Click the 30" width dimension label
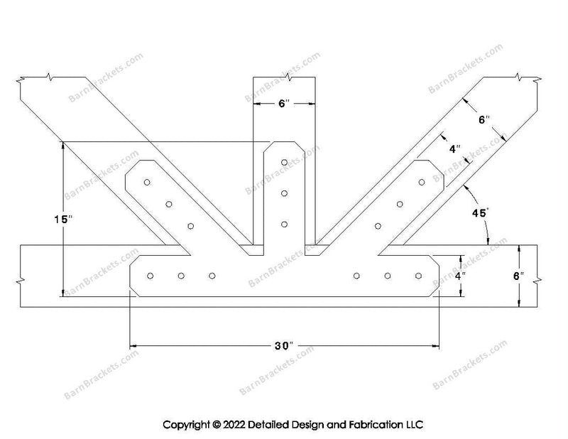coord(283,346)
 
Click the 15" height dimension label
coord(63,219)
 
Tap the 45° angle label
coord(481,213)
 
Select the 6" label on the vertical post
coord(284,104)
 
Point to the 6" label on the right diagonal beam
coord(484,119)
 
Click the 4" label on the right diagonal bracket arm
coord(455,148)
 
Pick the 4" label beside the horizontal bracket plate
coord(460,276)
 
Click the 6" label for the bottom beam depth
coord(518,276)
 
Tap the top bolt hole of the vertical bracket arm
coord(285,162)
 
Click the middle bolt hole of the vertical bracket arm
coord(285,193)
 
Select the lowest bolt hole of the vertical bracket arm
coord(285,224)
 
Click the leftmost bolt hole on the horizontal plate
coord(150,276)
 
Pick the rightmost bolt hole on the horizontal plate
coord(418,276)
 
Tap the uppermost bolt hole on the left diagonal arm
coord(147,182)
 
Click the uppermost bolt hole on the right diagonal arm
coord(422,182)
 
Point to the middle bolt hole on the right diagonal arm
coord(400,204)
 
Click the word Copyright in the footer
coord(186,425)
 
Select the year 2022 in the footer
coord(234,425)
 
